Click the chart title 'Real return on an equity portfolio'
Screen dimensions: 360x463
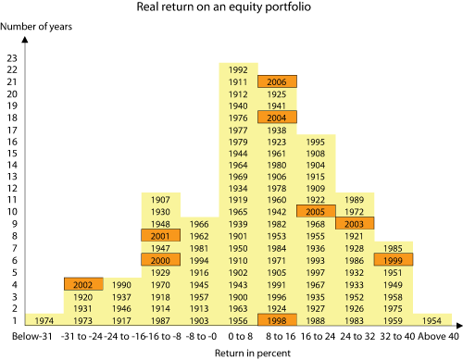click(231, 10)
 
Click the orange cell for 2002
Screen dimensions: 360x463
click(82, 285)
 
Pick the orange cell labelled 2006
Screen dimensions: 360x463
click(277, 81)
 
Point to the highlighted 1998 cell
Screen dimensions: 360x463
click(277, 320)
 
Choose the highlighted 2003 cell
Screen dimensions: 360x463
click(355, 224)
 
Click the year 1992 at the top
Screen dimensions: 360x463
click(238, 69)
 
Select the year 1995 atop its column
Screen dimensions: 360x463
click(316, 141)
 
